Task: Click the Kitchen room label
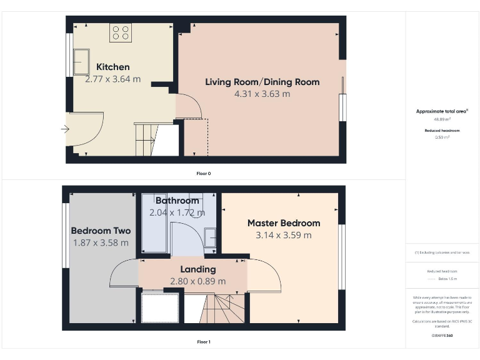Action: tap(113, 67)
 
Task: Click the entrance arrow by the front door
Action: tap(66, 129)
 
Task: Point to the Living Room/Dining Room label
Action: tap(262, 82)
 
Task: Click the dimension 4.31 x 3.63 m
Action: tap(262, 94)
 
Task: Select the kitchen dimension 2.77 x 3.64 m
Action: tap(113, 79)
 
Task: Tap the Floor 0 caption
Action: tap(204, 173)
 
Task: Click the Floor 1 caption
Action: tap(204, 342)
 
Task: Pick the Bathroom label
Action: tap(177, 201)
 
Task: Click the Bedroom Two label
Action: tap(101, 231)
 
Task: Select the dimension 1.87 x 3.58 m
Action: tap(101, 242)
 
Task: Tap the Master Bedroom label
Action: tap(284, 223)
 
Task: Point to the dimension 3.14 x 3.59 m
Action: tap(284, 235)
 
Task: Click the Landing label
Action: tap(198, 269)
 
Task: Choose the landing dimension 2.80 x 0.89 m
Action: tap(198, 281)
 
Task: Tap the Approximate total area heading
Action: tap(442, 111)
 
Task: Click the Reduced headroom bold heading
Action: tap(442, 130)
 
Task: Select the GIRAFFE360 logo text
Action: tap(442, 336)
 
